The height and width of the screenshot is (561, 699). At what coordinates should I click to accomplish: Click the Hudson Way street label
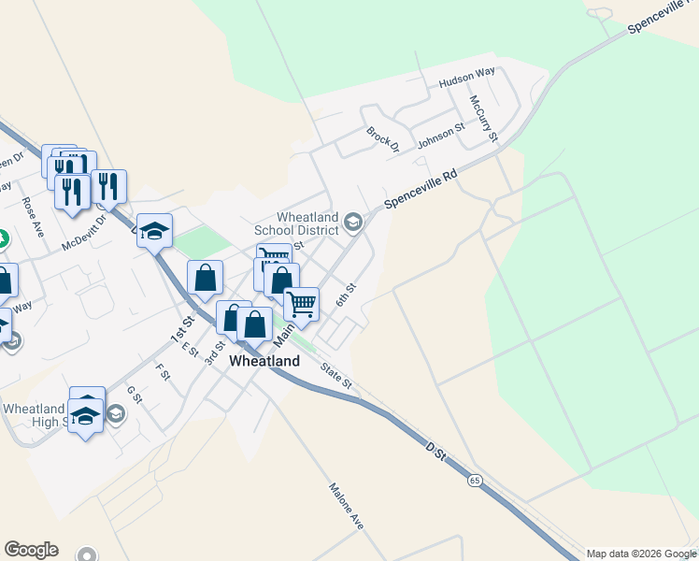466,82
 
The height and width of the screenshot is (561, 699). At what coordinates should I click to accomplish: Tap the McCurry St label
484,118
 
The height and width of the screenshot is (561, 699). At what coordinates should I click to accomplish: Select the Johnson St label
440,137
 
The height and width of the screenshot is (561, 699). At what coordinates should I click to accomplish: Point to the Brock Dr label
383,140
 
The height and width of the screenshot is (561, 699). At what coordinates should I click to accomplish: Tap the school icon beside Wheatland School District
353,222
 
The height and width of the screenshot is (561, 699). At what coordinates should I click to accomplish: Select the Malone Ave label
345,506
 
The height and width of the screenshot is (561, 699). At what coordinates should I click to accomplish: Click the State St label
335,377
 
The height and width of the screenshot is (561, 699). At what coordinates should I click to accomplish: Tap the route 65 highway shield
476,481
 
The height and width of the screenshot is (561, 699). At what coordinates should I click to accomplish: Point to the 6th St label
347,294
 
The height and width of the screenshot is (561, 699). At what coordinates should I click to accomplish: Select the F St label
163,373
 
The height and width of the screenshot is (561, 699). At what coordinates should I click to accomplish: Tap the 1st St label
181,328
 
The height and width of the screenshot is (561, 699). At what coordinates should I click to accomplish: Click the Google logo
31,550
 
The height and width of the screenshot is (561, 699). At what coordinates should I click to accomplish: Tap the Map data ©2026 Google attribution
641,554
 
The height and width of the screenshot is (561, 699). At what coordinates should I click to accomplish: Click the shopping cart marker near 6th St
301,303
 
